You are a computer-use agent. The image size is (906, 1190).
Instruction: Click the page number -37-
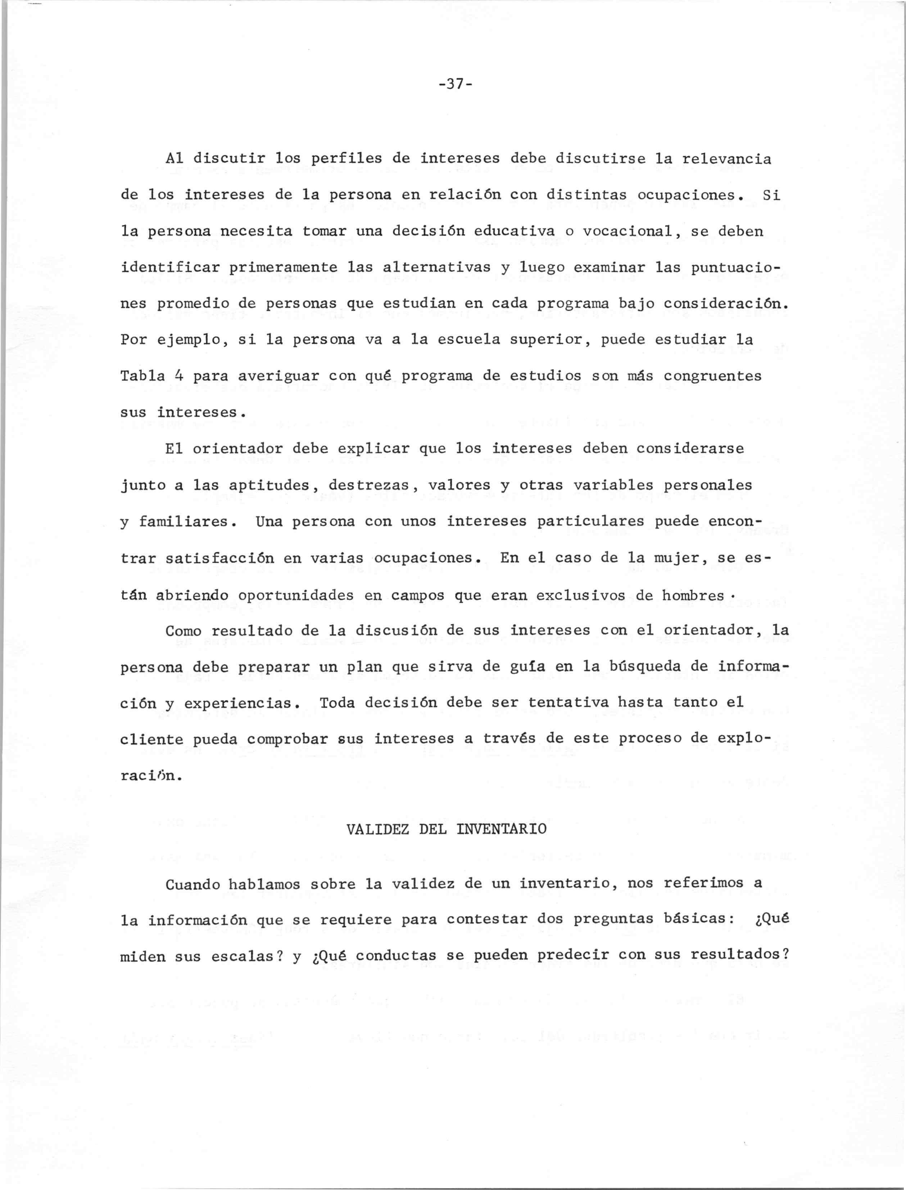tap(456, 84)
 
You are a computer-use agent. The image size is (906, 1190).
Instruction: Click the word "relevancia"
tap(726, 159)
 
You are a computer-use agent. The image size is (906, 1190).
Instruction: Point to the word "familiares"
tap(184, 521)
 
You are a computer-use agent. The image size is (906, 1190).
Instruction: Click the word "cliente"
tap(151, 739)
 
